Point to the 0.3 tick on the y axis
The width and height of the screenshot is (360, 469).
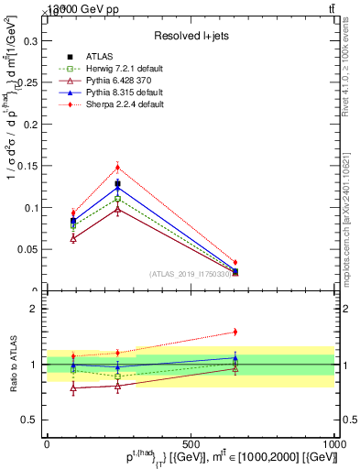pyautogui.click(x=30, y=40)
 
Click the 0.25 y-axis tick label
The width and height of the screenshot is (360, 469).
pyautogui.click(x=27, y=82)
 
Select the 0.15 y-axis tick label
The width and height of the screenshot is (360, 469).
pyautogui.click(x=27, y=166)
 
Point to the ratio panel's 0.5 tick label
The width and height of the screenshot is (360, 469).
pyautogui.click(x=30, y=420)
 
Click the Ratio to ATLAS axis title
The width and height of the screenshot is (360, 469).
pyautogui.click(x=12, y=364)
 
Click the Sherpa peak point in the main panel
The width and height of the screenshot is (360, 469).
pyautogui.click(x=117, y=167)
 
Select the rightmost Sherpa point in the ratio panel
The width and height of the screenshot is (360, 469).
pyautogui.click(x=235, y=332)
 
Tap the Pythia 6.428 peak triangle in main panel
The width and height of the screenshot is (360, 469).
pyautogui.click(x=117, y=210)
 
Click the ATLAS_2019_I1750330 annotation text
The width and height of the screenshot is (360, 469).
pyautogui.click(x=191, y=274)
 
